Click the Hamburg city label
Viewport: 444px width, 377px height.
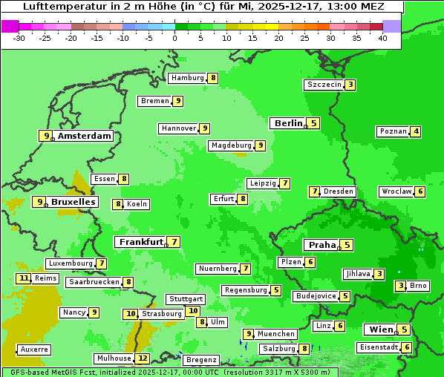coord(186,78)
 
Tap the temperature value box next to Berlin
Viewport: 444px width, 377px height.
coord(314,123)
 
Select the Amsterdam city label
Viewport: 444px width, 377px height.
coord(85,136)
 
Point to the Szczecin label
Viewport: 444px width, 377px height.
coord(324,85)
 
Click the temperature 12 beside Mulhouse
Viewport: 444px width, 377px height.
coord(143,358)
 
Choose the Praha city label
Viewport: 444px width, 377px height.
coord(322,245)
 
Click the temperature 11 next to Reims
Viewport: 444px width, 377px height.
coord(24,278)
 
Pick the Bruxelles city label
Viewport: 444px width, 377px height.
coord(73,202)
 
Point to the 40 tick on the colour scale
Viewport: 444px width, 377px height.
coord(382,38)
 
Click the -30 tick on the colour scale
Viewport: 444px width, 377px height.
coord(19,38)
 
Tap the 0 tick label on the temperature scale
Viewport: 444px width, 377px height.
coord(174,38)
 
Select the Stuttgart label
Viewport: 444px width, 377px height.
coord(186,299)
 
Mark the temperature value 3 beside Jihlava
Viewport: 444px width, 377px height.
coord(379,274)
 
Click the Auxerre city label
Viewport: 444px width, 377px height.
coord(35,350)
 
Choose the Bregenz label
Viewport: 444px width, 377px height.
coord(200,360)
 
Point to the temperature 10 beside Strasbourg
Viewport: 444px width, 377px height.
coord(131,314)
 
